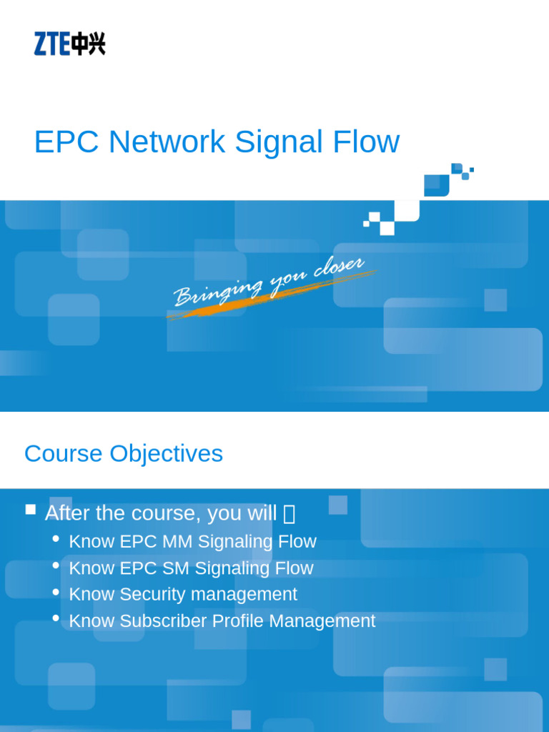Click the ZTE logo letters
point(51,44)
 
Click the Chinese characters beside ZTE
point(88,44)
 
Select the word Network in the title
point(167,142)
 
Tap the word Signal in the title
point(269,142)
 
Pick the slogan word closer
point(339,267)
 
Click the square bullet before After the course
point(30,510)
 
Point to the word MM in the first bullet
point(177,542)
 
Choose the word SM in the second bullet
point(176,568)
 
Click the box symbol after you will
point(289,514)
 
